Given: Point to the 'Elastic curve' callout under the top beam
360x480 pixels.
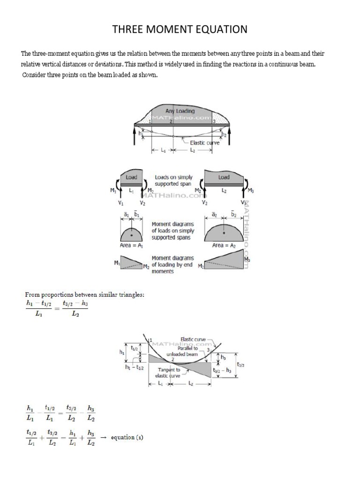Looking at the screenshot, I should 205,142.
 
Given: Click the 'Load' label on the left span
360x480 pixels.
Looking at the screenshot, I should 132,177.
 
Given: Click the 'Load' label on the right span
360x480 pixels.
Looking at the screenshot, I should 224,177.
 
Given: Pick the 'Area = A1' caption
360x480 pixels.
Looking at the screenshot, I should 132,245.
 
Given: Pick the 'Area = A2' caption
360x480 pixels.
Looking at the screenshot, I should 224,245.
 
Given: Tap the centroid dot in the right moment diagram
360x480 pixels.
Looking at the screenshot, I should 224,233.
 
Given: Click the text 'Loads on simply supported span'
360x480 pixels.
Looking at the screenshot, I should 173,181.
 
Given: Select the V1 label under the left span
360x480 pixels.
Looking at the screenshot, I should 121,203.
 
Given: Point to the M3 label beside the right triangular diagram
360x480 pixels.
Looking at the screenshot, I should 247,259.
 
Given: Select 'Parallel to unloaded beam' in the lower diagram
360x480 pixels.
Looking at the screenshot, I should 188,351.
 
